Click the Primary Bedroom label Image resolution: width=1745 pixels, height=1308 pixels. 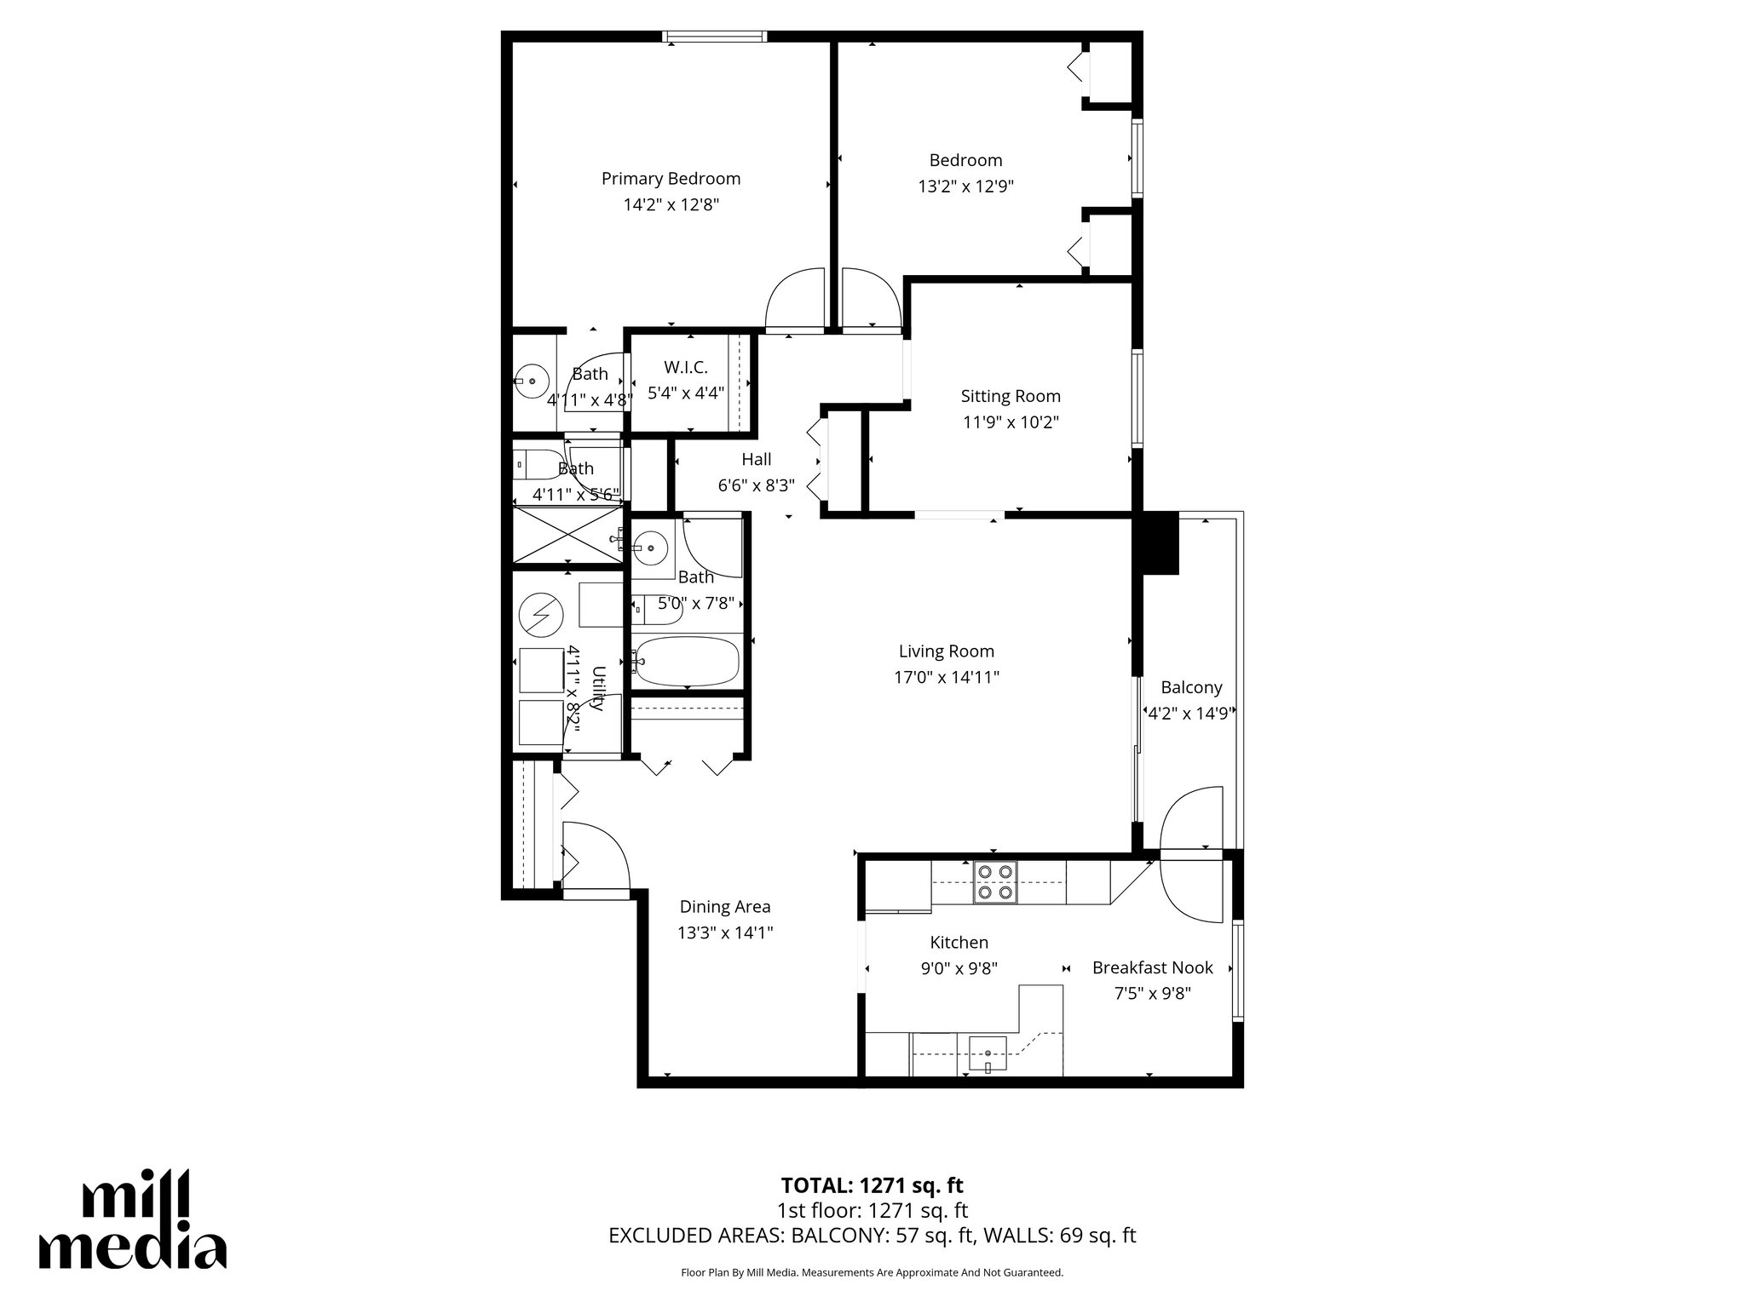click(x=671, y=179)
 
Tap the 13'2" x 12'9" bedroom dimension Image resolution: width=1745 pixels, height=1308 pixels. click(x=965, y=186)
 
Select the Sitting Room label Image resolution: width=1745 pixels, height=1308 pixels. click(x=1011, y=396)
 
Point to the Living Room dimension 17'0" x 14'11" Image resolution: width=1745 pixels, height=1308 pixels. click(x=946, y=678)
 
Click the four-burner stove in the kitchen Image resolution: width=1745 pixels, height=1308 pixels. click(x=995, y=882)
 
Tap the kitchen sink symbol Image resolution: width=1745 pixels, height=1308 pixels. click(x=988, y=1053)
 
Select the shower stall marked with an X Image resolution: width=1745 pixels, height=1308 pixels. click(x=567, y=534)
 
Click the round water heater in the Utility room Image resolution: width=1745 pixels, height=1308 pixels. click(x=541, y=613)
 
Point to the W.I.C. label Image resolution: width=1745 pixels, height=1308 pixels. click(x=686, y=368)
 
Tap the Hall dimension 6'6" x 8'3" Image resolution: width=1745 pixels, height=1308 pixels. click(x=756, y=486)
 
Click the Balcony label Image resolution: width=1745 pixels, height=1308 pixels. click(x=1191, y=687)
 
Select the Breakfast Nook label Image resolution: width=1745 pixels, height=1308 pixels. click(x=1152, y=967)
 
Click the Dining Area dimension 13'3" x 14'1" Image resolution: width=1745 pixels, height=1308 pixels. click(x=724, y=933)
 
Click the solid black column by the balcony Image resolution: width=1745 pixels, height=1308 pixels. click(x=1159, y=542)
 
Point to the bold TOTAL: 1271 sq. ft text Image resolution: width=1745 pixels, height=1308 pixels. click(x=872, y=1185)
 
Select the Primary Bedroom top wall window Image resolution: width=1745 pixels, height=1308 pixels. click(x=715, y=37)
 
